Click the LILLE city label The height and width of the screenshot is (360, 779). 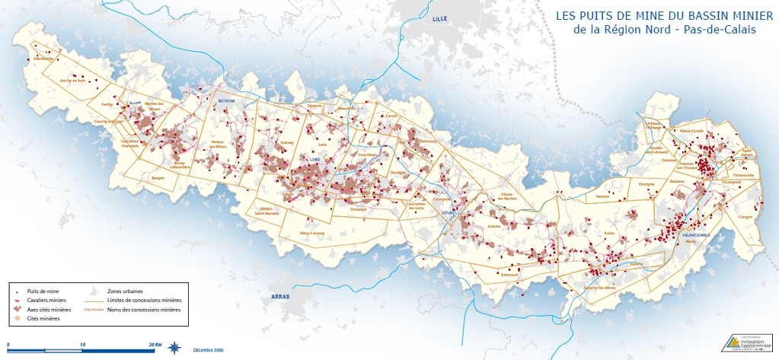point(440,18)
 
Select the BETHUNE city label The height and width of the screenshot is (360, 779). point(227,100)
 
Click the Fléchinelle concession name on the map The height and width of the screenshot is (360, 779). point(43,59)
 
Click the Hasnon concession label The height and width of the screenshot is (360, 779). point(603,196)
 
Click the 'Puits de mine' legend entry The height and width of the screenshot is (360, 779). point(43,291)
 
